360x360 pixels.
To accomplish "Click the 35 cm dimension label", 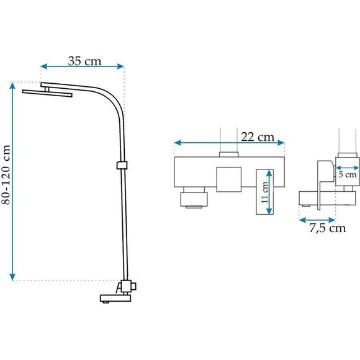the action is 84,61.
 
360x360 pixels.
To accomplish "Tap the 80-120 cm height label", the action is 6,174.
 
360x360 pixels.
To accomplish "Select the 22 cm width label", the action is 258,137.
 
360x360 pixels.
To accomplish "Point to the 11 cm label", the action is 265,192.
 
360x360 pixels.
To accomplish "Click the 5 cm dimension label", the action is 348,174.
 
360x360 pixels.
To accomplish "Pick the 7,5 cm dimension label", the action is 327,228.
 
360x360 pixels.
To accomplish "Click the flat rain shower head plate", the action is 47,93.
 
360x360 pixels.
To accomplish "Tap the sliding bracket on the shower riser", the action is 122,165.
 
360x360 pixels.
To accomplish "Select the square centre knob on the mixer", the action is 229,179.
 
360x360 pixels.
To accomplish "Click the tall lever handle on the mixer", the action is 264,192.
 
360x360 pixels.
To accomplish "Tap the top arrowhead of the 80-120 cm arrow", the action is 12,86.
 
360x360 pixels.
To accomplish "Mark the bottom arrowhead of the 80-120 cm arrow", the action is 12,277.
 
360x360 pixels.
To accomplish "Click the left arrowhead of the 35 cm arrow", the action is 43,66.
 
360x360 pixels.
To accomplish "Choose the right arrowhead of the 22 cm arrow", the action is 281,143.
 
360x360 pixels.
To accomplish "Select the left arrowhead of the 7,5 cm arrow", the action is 303,220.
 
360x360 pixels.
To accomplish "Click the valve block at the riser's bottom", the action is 127,286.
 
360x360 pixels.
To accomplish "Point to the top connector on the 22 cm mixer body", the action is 228,155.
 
